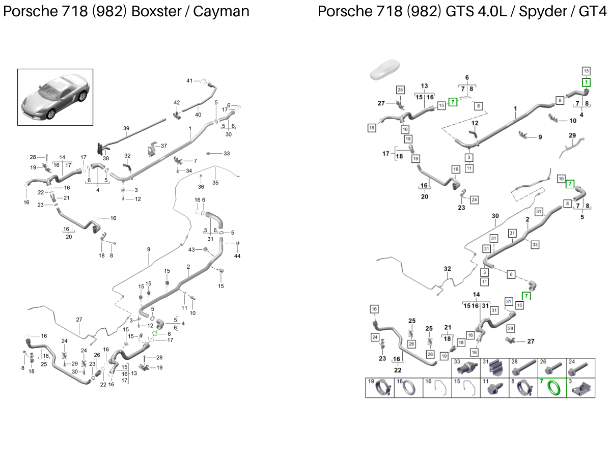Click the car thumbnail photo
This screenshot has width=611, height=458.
[x=55, y=97]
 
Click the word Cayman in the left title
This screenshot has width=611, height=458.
[x=225, y=11]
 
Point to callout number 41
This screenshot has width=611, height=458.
[x=189, y=81]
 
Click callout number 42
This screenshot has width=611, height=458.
[x=177, y=103]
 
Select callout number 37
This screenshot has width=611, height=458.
[x=163, y=146]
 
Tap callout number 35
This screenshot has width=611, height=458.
[x=215, y=182]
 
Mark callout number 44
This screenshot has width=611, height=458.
[x=237, y=255]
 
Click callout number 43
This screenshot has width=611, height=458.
[x=191, y=249]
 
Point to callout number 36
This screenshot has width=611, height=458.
[x=201, y=186]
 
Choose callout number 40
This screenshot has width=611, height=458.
[x=198, y=114]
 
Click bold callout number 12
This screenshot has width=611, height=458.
[x=475, y=123]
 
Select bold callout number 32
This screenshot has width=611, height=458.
[x=447, y=268]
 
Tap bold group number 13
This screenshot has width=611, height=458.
[x=424, y=85]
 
